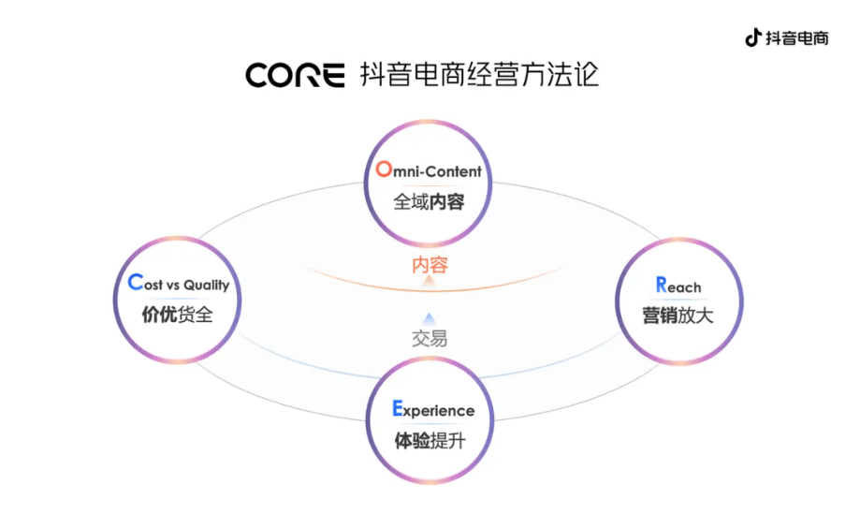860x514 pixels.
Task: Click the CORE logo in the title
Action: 295,75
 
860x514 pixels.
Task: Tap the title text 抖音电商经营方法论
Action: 479,75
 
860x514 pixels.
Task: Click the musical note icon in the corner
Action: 752,37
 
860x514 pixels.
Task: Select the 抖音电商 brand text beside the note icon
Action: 797,38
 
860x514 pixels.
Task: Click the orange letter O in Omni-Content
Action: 383,169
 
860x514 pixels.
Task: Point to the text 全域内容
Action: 429,201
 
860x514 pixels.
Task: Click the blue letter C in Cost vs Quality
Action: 134,284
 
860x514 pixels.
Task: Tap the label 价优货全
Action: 177,315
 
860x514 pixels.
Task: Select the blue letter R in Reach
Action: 661,285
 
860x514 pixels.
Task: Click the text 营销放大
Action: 678,316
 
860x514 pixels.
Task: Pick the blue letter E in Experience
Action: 397,409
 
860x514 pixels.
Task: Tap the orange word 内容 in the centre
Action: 430,265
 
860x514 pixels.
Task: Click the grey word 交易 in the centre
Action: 430,338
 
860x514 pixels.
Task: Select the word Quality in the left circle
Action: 206,286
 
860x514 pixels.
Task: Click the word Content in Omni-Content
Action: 455,171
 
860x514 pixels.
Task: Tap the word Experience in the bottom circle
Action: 439,411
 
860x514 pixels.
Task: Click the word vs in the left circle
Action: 172,286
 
